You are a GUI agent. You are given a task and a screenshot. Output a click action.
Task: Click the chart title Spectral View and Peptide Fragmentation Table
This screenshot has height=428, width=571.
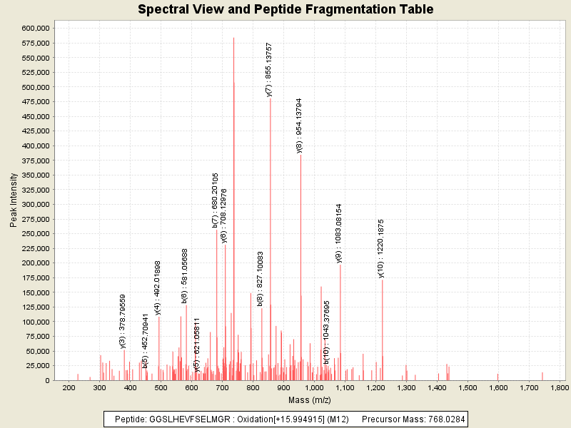pos(285,9)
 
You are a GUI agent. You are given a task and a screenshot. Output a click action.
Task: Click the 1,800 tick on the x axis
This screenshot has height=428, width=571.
pos(559,387)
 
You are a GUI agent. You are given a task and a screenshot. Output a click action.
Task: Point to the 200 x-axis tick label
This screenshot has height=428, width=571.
pos(69,387)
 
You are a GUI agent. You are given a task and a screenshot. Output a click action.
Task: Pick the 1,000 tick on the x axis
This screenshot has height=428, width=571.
pos(314,387)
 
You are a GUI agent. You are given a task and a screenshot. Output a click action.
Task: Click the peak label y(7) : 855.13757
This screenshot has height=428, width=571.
pos(269,69)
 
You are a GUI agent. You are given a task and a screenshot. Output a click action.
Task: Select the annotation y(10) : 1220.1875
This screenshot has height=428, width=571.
pos(381,248)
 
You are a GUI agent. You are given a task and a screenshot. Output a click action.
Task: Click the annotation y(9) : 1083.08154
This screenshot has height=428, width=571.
pos(340,233)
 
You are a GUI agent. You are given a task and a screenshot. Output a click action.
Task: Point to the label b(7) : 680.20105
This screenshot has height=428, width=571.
pos(215,200)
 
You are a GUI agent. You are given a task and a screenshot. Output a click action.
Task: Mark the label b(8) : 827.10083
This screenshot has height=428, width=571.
pos(261,279)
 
